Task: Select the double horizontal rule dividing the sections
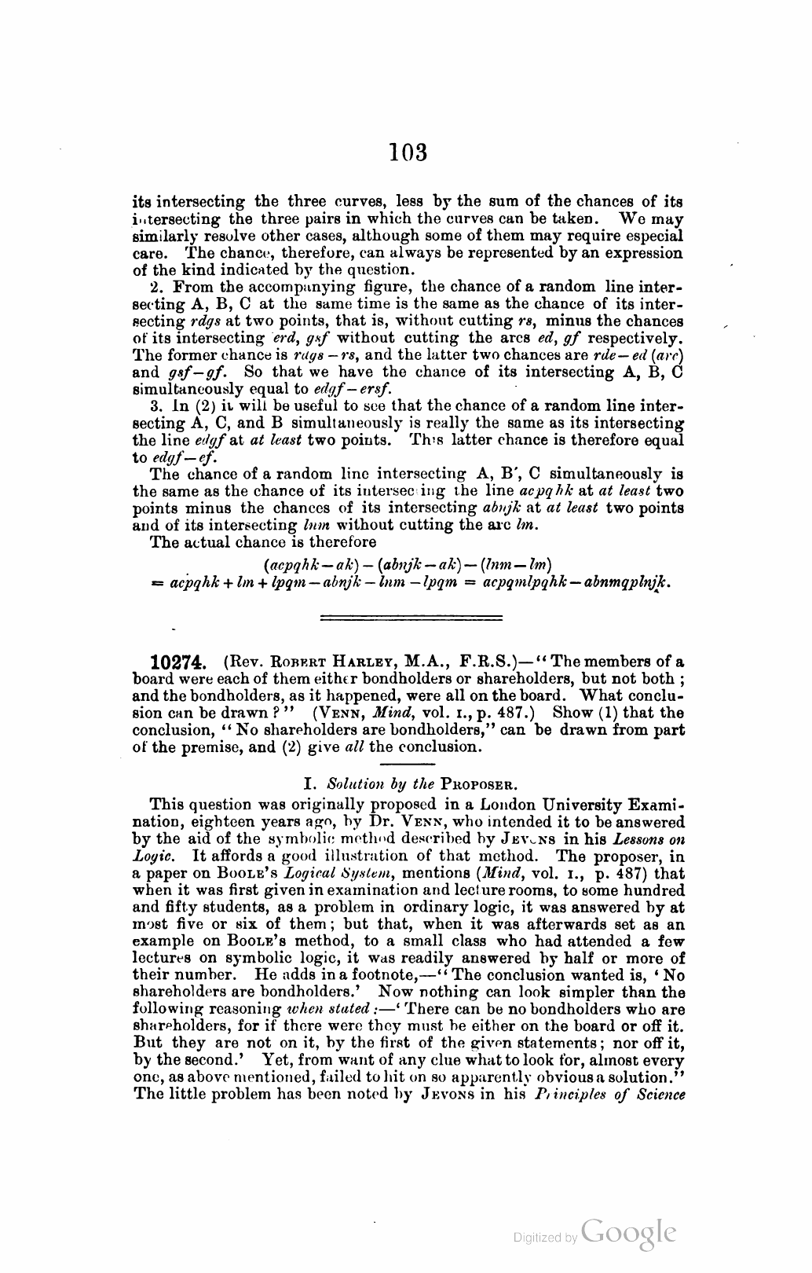pyautogui.click(x=406, y=618)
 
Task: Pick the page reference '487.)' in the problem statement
pyautogui.click(x=514, y=713)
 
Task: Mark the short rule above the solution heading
pyautogui.click(x=405, y=763)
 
